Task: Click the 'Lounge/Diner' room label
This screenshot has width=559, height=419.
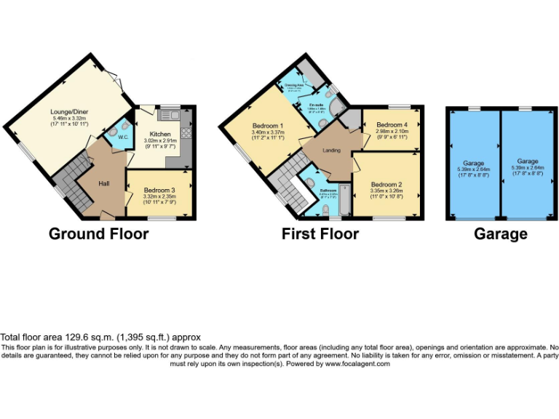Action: (x=69, y=111)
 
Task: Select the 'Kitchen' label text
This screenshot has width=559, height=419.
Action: (x=159, y=135)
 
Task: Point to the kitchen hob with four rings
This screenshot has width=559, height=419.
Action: (x=186, y=132)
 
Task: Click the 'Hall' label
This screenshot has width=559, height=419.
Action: (x=104, y=183)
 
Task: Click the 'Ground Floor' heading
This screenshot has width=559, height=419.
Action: (x=98, y=234)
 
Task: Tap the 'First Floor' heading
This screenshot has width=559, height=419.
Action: (x=320, y=234)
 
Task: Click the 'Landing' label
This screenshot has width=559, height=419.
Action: (x=332, y=151)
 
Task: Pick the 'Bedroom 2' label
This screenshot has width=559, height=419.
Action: (x=386, y=184)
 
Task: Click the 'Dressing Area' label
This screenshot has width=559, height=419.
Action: (x=294, y=84)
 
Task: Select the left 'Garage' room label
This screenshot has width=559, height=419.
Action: (x=474, y=164)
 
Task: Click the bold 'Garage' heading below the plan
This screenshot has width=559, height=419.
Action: (x=501, y=234)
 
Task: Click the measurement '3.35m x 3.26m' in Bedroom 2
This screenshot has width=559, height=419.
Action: (x=386, y=191)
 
